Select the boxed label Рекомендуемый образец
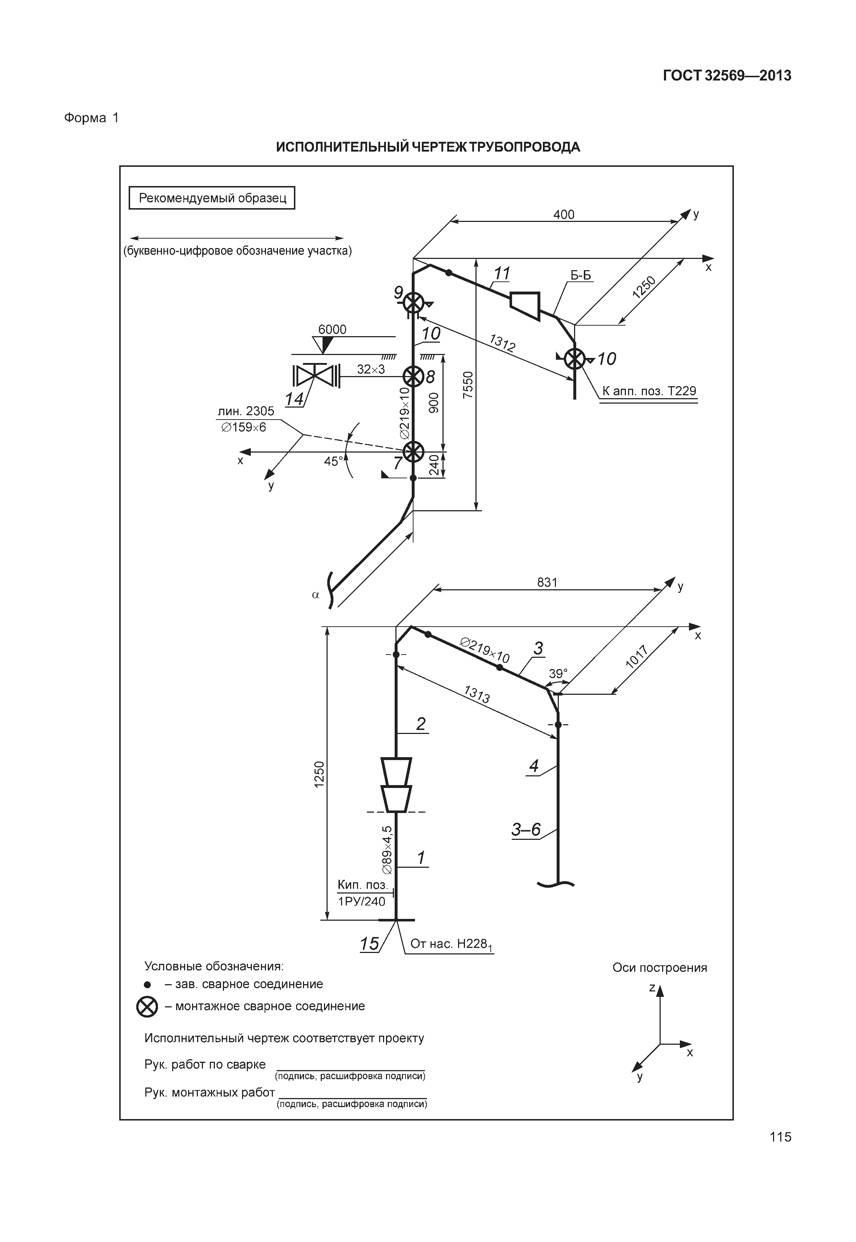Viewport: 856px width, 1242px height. click(212, 198)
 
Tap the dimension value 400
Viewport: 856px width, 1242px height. click(564, 215)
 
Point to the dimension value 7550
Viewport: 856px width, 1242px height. click(468, 384)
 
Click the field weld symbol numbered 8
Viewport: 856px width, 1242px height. click(413, 377)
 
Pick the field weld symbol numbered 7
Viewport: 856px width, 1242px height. click(413, 452)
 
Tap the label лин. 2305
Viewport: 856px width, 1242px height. click(246, 411)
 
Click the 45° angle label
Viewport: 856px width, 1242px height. click(334, 461)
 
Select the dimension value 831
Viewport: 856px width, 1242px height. click(547, 582)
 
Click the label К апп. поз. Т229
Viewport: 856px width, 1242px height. click(649, 391)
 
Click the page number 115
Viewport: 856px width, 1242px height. click(780, 1152)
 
